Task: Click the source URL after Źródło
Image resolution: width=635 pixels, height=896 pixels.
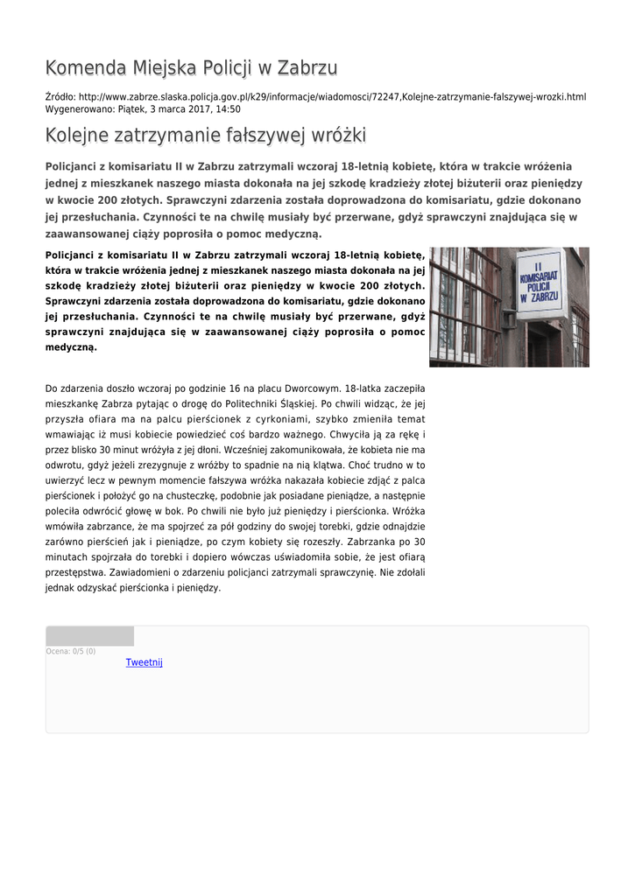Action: (332, 96)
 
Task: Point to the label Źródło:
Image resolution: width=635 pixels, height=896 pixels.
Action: (60, 96)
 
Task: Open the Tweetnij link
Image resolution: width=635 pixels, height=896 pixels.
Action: (145, 662)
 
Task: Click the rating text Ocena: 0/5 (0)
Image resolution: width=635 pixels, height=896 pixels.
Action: (71, 651)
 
